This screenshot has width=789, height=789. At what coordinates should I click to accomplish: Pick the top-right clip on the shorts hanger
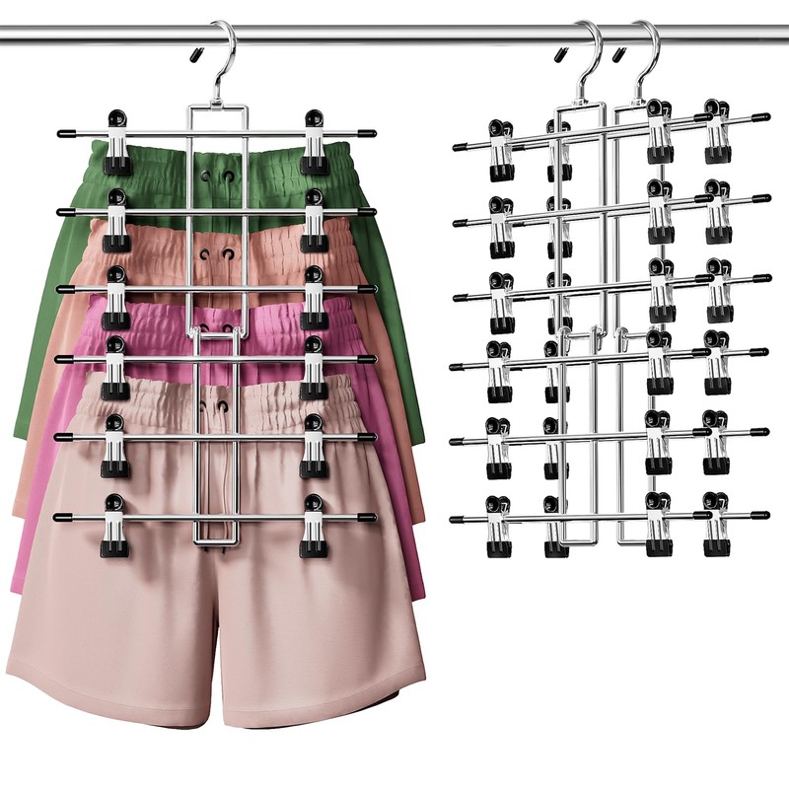pos(315,138)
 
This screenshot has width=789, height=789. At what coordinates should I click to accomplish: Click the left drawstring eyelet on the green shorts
pos(204,177)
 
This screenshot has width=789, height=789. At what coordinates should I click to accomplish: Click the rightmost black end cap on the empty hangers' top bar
pos(761,117)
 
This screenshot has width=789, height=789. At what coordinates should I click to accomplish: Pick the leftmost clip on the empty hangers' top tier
pos(499,148)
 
